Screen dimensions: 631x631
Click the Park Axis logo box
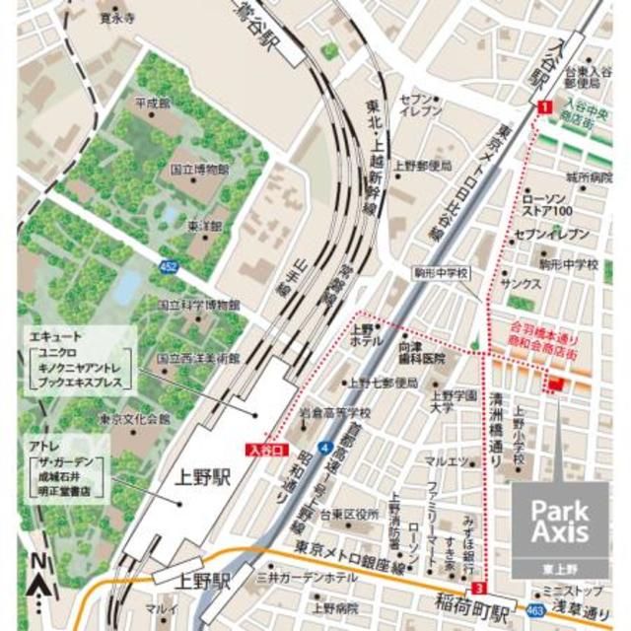pyautogui.click(x=559, y=524)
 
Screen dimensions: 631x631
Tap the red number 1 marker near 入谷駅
pyautogui.click(x=543, y=106)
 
